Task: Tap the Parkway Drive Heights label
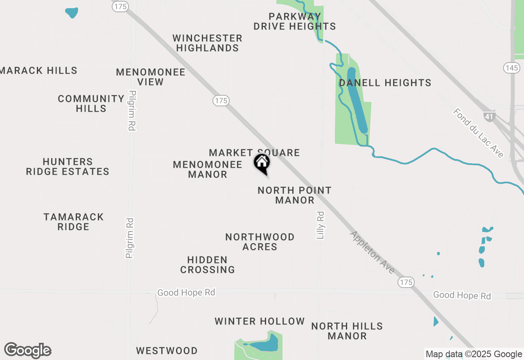pos(295,22)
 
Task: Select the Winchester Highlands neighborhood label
pos(208,43)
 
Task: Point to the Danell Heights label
pos(385,83)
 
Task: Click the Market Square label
pos(254,153)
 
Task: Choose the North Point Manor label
pos(295,195)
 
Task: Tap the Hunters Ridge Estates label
pos(68,166)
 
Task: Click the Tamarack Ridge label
pos(74,222)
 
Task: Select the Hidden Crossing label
pos(208,265)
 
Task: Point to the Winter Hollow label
pos(260,322)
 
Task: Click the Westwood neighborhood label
pos(167,351)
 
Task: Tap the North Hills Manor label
pos(347,331)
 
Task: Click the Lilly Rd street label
pos(321,225)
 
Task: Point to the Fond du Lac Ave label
pos(478,133)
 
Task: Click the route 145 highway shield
pos(512,68)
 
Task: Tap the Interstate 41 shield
pos(489,116)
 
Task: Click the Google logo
pos(28,351)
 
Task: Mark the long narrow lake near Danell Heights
pos(357,100)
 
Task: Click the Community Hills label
pos(91,103)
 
